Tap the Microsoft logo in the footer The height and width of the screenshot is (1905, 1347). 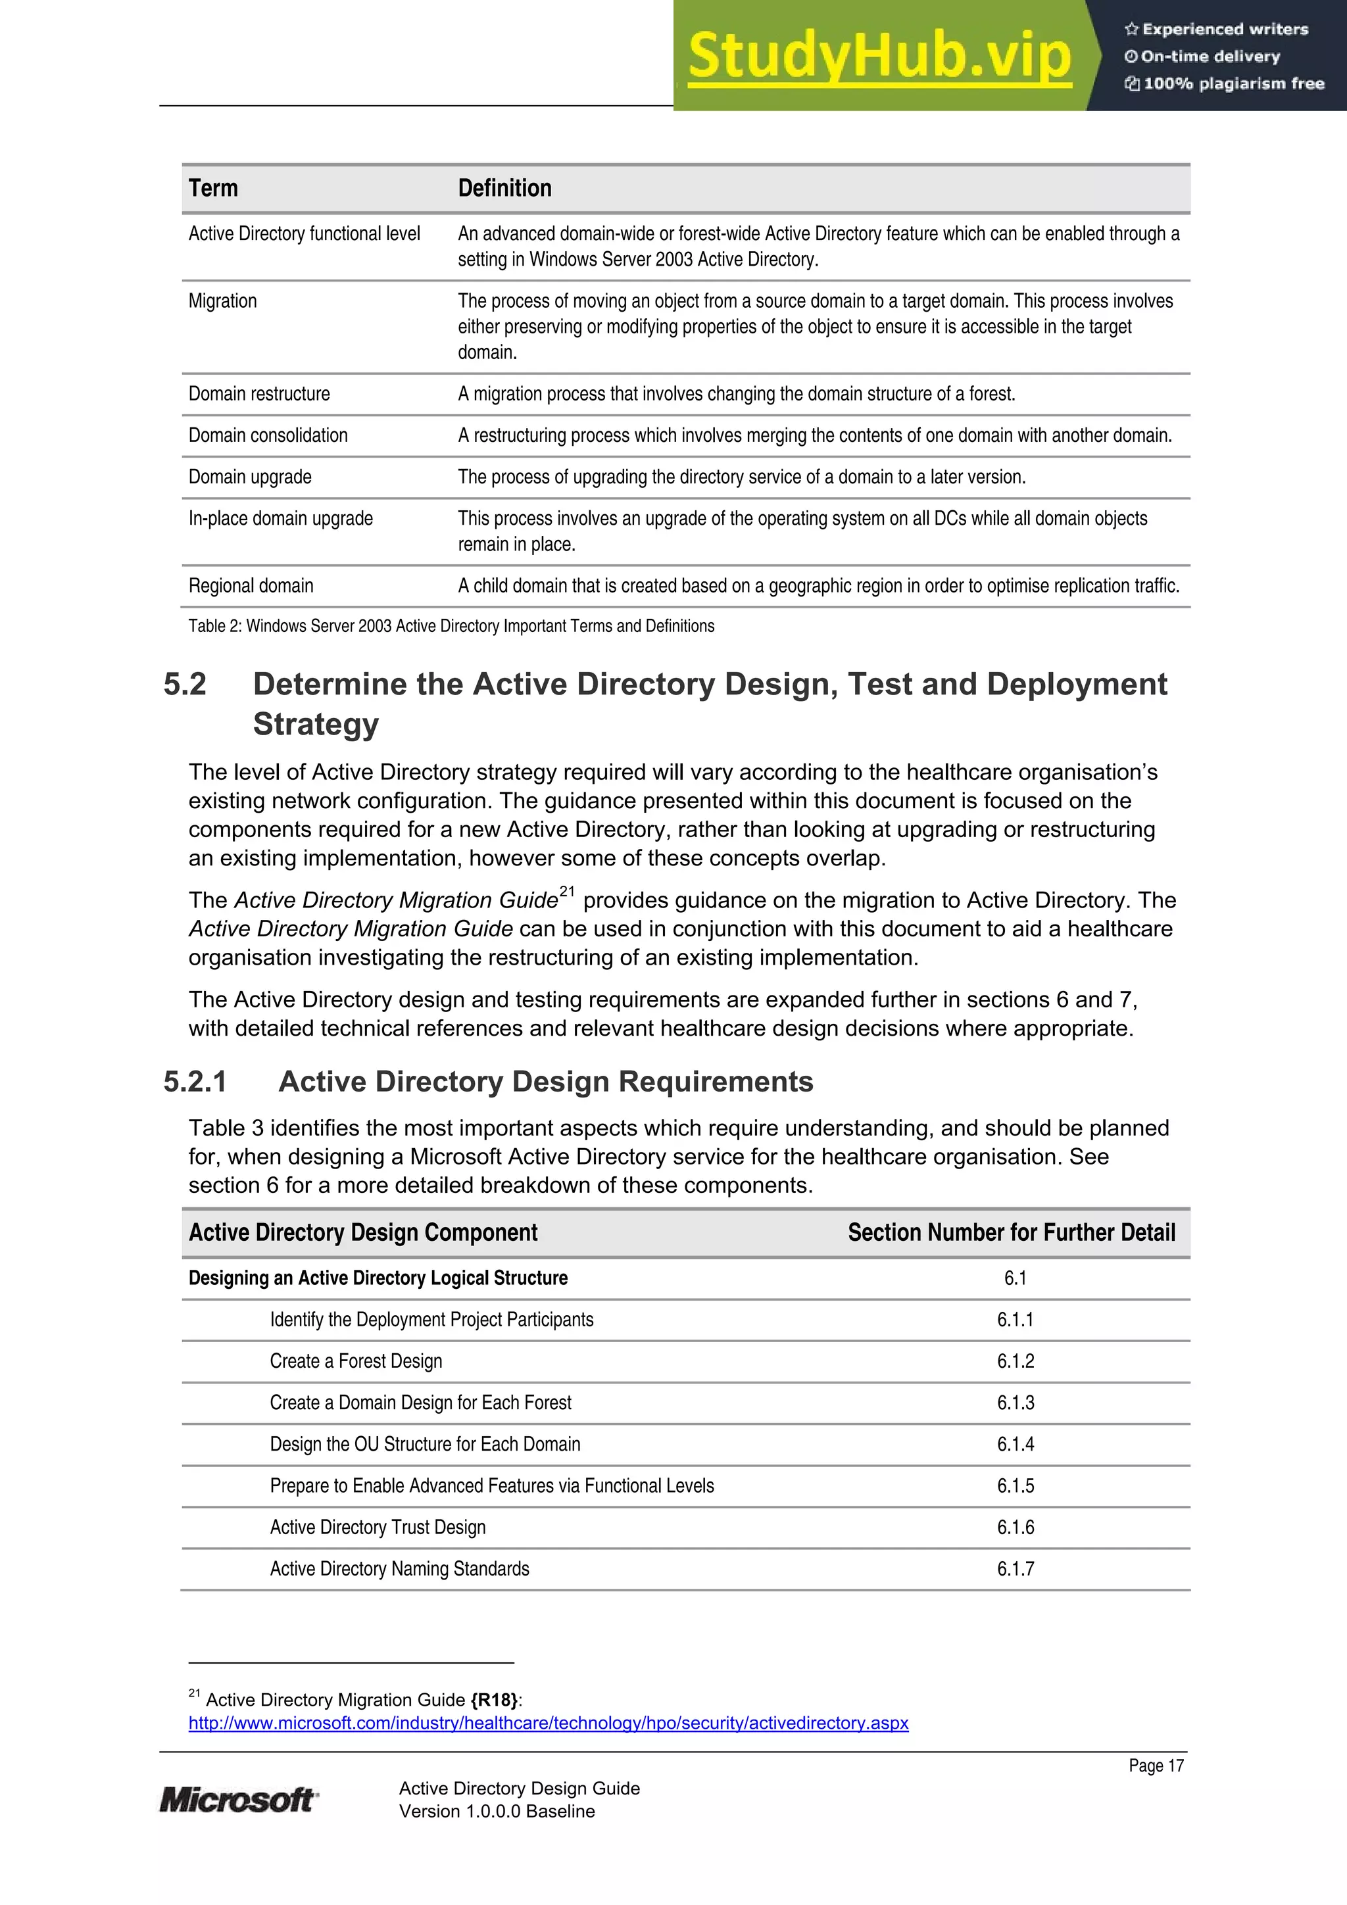(237, 1800)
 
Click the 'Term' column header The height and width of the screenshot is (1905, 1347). (213, 188)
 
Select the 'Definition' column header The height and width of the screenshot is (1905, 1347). (504, 188)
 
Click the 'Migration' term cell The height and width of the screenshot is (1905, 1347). (222, 301)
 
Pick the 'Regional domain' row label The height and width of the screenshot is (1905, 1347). (251, 586)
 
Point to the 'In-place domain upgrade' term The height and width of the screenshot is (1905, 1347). (281, 519)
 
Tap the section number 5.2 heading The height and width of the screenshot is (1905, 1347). (185, 685)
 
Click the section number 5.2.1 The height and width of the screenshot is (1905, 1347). (195, 1082)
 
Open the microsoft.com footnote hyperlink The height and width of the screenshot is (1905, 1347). (548, 1724)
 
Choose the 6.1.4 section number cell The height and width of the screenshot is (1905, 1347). (1015, 1445)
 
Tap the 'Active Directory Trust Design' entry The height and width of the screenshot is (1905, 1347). (378, 1528)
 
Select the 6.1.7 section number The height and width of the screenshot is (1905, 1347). (1015, 1569)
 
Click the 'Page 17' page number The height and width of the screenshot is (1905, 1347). (1156, 1766)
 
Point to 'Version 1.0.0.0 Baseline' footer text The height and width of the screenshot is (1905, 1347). (497, 1811)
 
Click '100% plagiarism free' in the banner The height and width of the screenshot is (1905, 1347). (1233, 84)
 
